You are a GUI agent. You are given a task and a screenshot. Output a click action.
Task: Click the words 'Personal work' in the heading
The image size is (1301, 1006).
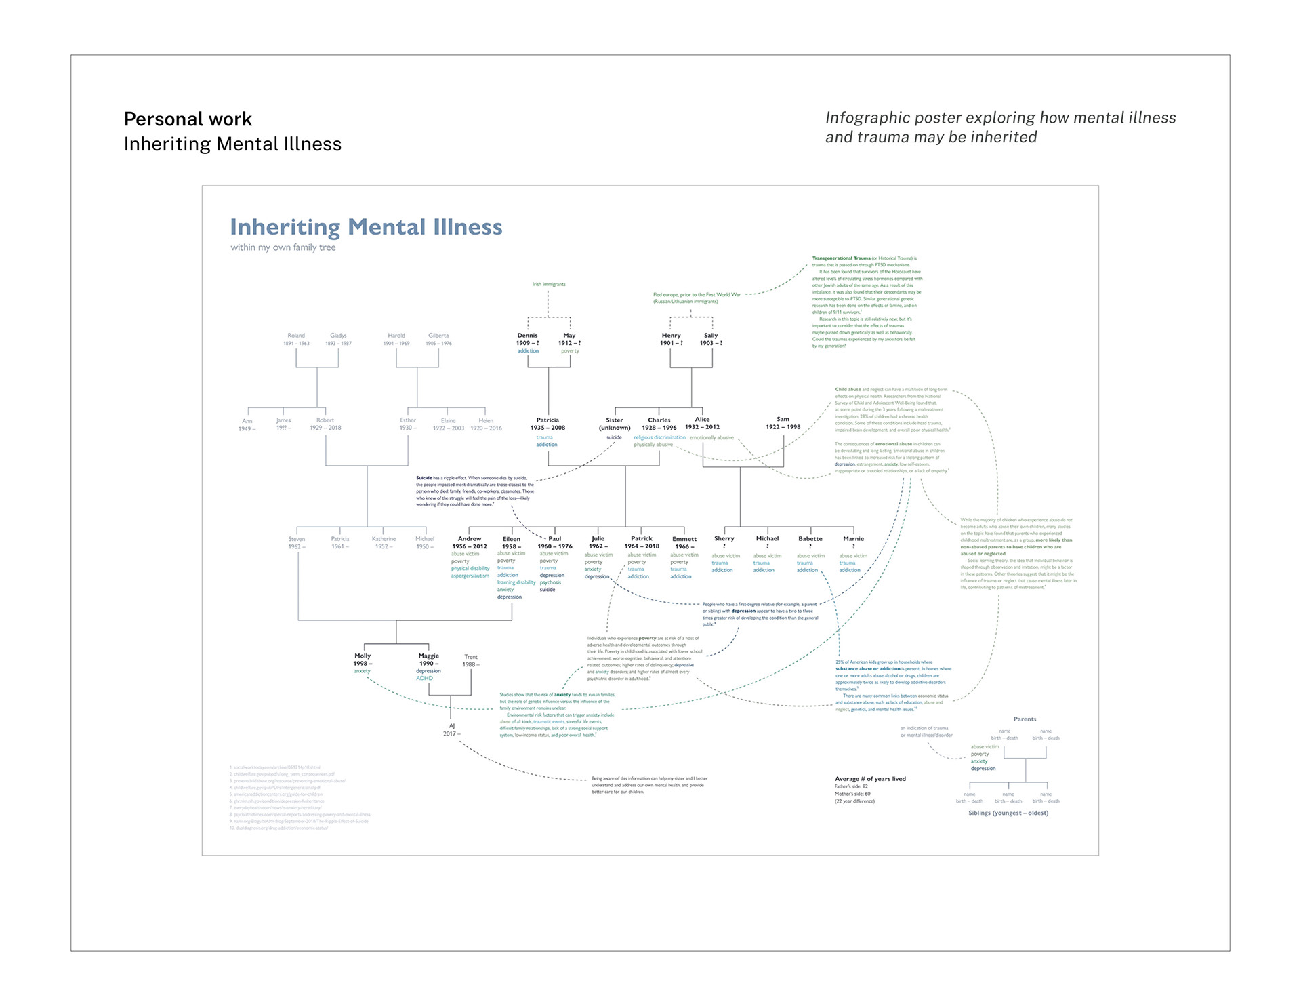188,119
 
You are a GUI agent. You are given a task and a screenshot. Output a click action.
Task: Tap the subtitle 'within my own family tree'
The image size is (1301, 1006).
283,247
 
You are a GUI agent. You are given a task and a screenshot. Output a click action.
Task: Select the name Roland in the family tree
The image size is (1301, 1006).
296,336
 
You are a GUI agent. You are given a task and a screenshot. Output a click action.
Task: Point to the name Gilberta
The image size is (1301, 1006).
438,336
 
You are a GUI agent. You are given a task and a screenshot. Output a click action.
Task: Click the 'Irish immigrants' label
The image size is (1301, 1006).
549,284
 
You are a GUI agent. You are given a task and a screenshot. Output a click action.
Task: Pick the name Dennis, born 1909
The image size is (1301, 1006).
527,336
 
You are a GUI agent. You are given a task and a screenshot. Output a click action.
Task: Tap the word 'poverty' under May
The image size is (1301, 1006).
570,351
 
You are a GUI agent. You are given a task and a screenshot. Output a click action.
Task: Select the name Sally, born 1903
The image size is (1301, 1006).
711,336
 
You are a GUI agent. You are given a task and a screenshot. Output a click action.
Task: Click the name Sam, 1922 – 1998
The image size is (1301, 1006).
783,419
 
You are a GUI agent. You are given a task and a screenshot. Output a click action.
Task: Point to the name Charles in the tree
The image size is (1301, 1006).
659,420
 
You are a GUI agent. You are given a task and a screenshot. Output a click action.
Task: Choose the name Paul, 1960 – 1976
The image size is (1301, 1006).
555,539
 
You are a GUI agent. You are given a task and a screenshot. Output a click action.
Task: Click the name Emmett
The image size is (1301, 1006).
684,539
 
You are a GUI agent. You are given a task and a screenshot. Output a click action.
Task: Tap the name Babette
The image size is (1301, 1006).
810,539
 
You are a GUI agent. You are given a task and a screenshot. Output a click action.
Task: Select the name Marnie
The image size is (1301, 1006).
853,539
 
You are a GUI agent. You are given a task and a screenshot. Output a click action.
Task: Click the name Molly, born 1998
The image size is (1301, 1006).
363,656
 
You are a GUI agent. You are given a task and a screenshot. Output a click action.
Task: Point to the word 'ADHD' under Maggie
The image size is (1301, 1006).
424,678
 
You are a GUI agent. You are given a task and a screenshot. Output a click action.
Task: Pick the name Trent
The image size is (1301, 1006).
471,657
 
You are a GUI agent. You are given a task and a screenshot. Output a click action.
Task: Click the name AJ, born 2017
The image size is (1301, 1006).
452,726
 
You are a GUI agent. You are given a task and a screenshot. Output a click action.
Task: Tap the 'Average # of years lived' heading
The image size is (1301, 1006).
870,779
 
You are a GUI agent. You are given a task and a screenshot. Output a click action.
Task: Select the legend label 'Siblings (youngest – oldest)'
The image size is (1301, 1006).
1008,813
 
